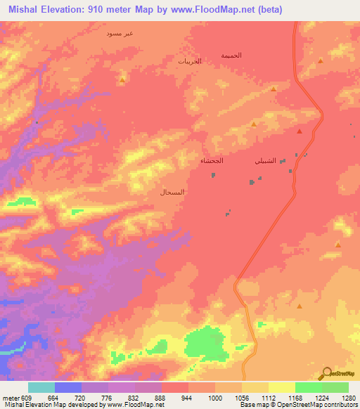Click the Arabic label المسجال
(172, 191)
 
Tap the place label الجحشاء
(212, 161)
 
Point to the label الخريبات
(189, 62)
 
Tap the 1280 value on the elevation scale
(349, 397)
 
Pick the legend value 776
(106, 397)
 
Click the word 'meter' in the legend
(8, 397)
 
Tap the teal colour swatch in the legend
(41, 387)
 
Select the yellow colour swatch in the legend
(281, 387)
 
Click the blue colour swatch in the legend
(68, 387)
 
